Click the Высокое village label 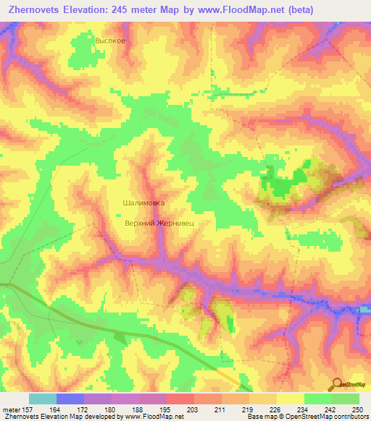(x=111, y=41)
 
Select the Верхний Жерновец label (x=158, y=224)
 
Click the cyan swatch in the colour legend (x=43, y=399)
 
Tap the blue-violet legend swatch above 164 (x=70, y=399)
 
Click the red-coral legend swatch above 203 (x=180, y=399)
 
